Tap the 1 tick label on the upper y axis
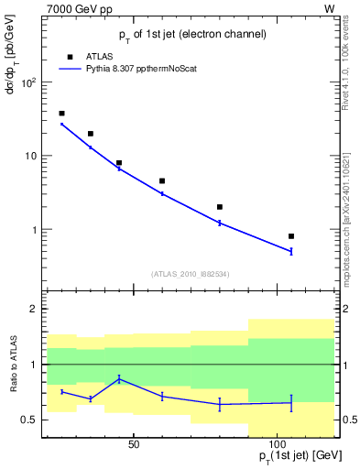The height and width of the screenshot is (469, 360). (32, 230)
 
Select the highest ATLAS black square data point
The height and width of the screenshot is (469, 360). (61, 114)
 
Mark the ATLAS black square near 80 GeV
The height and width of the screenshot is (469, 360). (220, 207)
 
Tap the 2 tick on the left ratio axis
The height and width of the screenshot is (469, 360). (32, 309)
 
